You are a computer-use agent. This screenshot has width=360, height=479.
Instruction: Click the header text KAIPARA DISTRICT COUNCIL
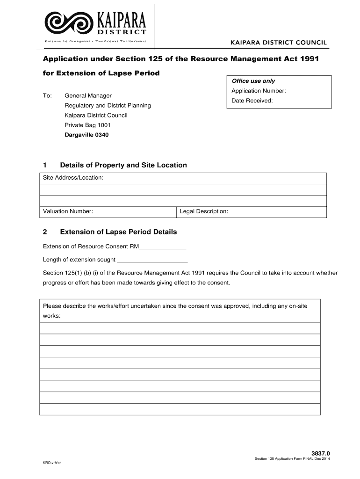[279, 43]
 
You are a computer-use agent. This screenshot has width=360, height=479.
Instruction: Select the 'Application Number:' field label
[258, 91]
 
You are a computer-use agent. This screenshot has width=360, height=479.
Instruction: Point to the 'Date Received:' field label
[252, 101]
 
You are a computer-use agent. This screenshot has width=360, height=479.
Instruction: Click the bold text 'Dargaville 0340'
[86, 135]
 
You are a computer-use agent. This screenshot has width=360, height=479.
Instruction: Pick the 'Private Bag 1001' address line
[87, 125]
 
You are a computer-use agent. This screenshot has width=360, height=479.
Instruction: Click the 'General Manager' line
[88, 95]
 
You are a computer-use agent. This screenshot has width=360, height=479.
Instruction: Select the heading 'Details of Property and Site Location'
[123, 165]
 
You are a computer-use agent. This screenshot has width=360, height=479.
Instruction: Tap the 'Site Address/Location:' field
[182, 178]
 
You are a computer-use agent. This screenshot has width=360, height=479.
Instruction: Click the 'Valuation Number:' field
[108, 211]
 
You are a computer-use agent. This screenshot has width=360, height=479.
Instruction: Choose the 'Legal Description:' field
[251, 211]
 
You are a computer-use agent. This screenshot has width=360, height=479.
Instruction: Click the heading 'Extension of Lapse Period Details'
[118, 232]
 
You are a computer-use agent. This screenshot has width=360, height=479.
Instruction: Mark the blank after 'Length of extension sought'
[152, 260]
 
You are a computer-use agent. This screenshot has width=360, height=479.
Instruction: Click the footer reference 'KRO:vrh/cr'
[52, 462]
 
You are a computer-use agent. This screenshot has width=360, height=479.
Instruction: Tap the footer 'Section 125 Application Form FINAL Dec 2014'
[292, 459]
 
